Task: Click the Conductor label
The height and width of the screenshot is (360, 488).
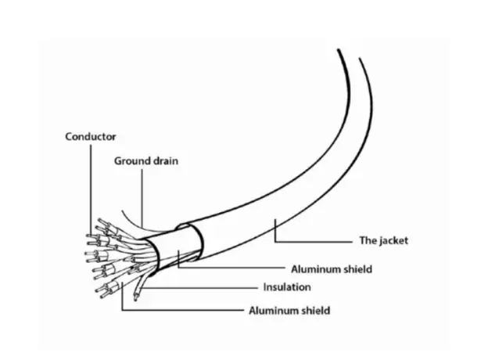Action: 91,136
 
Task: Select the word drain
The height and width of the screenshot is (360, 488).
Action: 165,161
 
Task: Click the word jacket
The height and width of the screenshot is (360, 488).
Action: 393,240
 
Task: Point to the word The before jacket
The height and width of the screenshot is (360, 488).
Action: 367,240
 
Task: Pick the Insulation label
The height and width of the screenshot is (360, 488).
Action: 287,286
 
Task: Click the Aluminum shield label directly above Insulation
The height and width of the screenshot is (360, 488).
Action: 332,269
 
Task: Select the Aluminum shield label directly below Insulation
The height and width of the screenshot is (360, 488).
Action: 289,311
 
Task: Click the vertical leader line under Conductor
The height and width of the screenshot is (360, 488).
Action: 91,190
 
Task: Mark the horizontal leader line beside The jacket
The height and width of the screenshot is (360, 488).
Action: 314,241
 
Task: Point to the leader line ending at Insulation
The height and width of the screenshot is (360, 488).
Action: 199,288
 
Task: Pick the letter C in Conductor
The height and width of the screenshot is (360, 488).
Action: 69,137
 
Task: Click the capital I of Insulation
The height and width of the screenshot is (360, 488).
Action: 264,286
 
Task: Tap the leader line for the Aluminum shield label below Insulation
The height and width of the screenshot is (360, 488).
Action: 183,310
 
